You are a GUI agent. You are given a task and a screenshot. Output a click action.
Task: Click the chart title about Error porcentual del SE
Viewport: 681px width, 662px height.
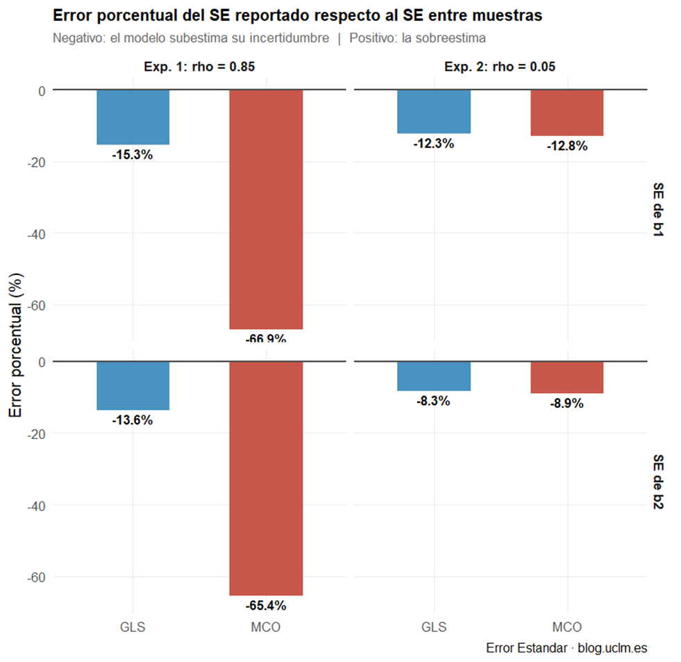pos(297,16)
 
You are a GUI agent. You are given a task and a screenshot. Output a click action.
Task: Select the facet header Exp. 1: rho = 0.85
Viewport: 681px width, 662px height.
pos(199,67)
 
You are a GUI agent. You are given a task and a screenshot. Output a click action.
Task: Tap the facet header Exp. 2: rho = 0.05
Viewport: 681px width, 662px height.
pos(500,67)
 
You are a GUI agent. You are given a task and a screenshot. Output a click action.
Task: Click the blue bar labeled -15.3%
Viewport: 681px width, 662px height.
pos(133,117)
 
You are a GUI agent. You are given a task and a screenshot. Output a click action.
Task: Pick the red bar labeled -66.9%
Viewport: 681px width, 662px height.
pos(266,209)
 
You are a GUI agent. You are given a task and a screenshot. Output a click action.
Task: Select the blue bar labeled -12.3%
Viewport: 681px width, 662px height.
pos(434,112)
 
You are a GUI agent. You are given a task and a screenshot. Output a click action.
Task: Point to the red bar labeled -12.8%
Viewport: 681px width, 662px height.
pos(567,113)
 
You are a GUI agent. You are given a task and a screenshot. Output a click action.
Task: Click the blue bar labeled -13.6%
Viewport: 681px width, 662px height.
pos(133,386)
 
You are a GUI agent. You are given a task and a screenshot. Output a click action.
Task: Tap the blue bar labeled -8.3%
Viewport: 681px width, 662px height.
pos(434,376)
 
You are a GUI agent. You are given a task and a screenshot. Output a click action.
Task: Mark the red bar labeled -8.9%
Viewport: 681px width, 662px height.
pos(567,377)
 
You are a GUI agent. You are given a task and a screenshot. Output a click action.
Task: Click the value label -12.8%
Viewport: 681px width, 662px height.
pos(567,146)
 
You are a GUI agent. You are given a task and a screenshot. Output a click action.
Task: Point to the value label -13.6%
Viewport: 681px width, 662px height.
pos(133,420)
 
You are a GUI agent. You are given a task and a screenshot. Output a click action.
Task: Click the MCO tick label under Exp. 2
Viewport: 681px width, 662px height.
pos(567,627)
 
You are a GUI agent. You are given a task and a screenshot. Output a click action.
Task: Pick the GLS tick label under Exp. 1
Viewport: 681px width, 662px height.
pos(133,627)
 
